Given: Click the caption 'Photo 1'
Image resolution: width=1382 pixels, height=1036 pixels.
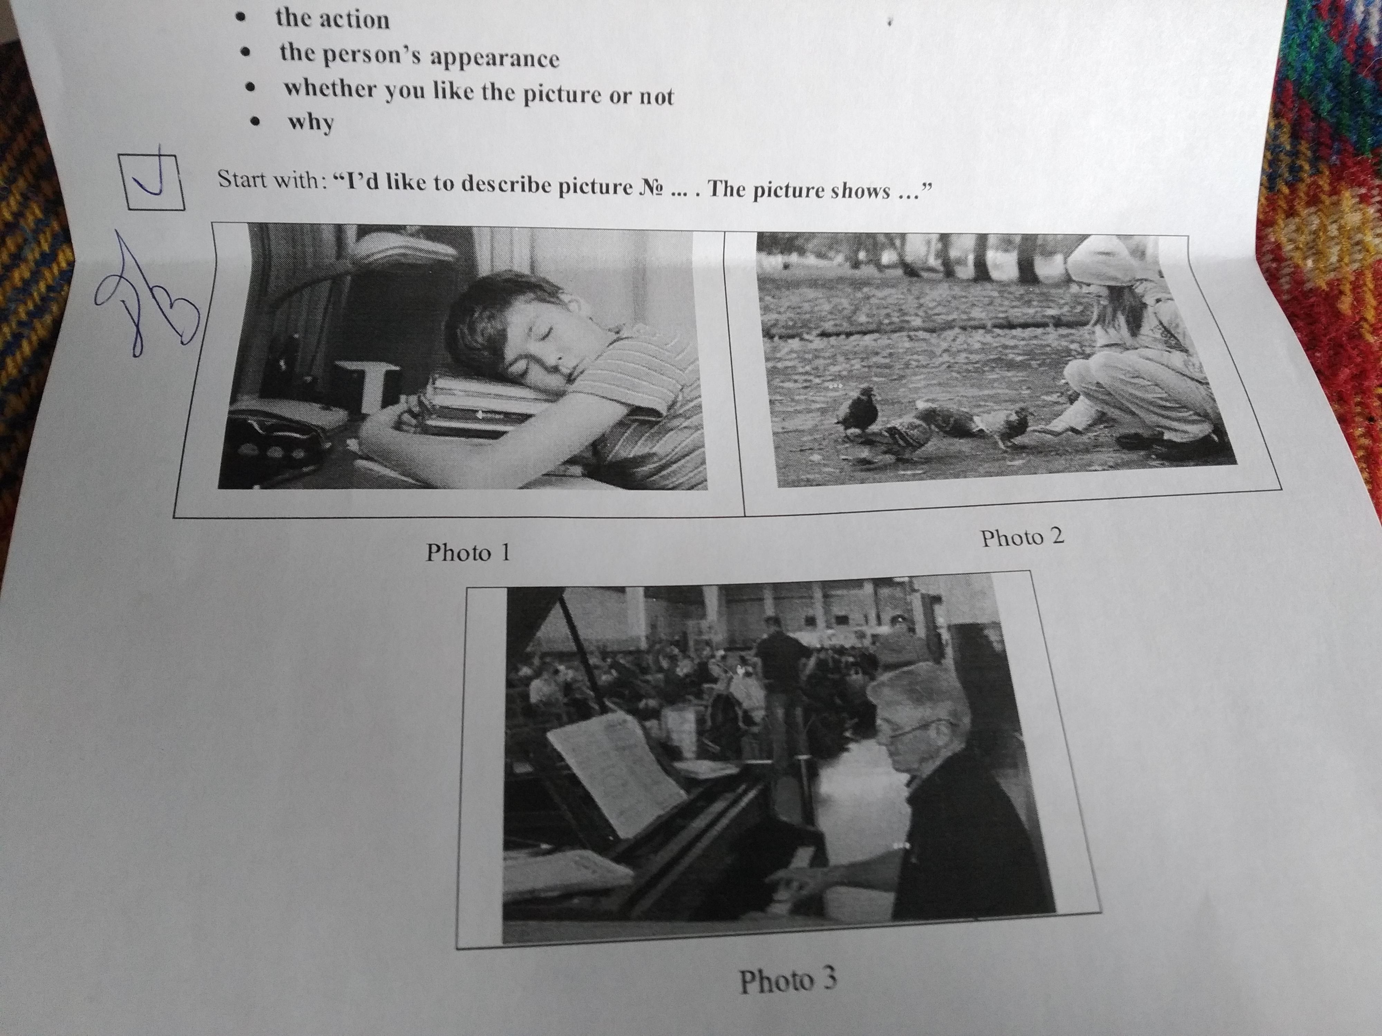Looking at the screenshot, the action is coord(468,552).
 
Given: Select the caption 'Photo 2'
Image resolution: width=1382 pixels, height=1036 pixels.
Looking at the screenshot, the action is coord(1022,537).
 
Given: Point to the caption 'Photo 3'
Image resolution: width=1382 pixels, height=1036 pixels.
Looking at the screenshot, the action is coord(788,980).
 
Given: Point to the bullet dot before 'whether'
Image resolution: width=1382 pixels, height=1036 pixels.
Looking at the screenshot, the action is coord(251,89).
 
